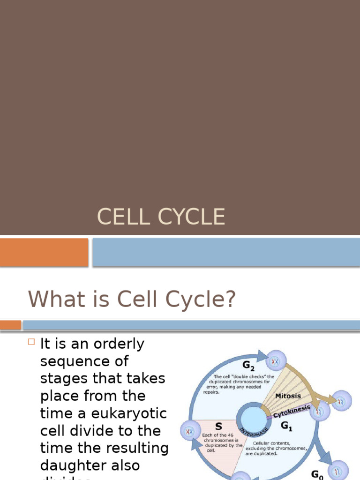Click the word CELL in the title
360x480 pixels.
coord(120,217)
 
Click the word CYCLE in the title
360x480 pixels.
coord(191,217)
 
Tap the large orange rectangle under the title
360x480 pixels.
coord(44,252)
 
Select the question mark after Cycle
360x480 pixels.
coord(228,300)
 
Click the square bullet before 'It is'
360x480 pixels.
coord(31,343)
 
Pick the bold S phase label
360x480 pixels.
coord(218,427)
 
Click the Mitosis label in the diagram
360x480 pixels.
coord(288,396)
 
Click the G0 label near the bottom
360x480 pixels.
coord(317,474)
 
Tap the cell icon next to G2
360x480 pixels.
coord(275,361)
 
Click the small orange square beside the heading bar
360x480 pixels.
coord(10,325)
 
